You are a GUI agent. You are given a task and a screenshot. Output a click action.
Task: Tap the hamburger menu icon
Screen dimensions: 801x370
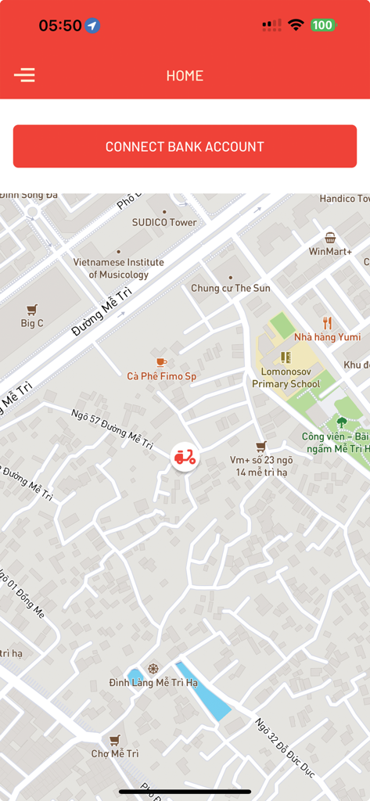(x=24, y=75)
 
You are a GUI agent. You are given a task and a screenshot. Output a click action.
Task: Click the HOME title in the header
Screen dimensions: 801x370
(x=185, y=76)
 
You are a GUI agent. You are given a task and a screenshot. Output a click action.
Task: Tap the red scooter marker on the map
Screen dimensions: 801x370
(x=185, y=458)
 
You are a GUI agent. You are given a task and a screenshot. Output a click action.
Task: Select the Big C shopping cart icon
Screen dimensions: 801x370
(x=32, y=310)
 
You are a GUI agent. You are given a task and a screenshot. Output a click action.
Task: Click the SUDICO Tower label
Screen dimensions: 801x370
(x=164, y=222)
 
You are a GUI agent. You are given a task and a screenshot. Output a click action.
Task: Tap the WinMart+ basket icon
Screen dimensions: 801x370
(x=330, y=238)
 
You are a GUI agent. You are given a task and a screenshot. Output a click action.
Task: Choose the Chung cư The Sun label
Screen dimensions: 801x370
(x=230, y=288)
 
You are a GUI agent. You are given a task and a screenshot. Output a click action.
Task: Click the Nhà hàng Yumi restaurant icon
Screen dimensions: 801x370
(x=328, y=322)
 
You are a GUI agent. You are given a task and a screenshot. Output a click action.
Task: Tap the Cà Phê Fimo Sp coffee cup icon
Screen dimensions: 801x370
(x=161, y=362)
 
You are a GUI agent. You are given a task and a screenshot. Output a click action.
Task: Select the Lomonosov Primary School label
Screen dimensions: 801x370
(x=286, y=378)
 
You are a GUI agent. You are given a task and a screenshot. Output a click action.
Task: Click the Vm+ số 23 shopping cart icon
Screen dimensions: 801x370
(x=260, y=446)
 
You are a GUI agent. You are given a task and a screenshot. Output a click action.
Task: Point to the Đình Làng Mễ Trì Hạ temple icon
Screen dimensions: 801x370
(x=153, y=669)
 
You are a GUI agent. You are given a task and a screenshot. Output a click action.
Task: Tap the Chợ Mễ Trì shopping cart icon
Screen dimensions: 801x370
(x=115, y=740)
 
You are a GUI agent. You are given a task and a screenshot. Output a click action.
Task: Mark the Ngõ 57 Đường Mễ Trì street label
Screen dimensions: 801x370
(x=112, y=429)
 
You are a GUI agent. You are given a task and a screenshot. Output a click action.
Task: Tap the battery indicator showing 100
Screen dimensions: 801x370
(x=322, y=25)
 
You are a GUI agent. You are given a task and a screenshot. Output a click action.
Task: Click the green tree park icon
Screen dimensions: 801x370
(x=342, y=422)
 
